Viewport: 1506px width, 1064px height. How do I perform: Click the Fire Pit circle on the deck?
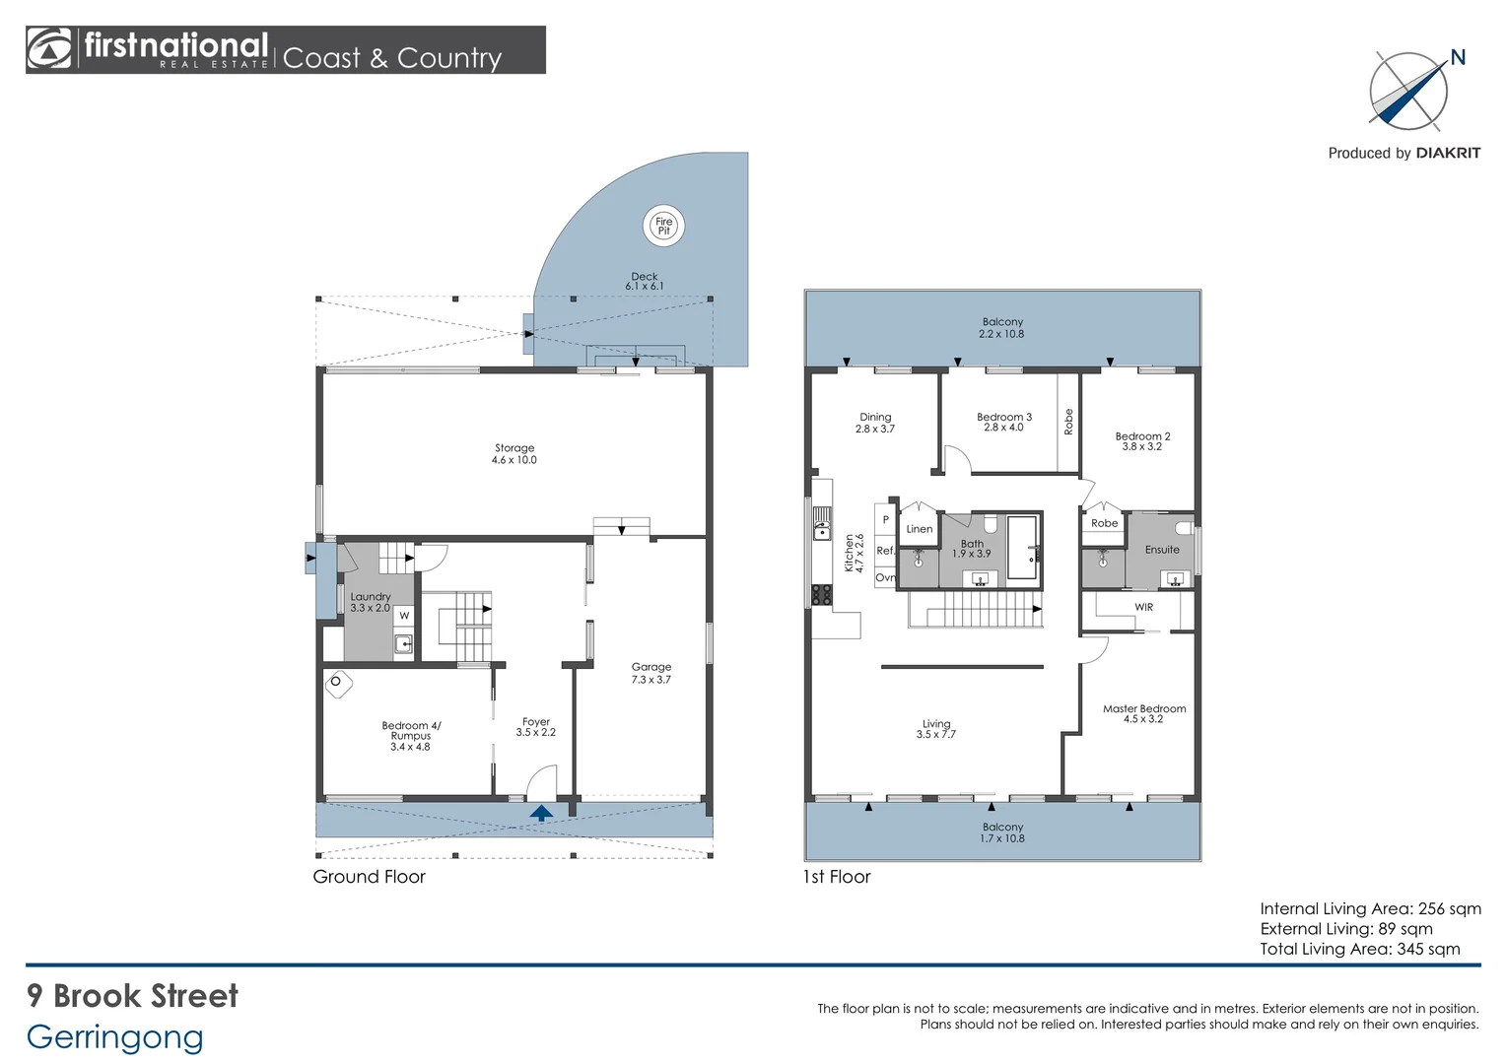663,226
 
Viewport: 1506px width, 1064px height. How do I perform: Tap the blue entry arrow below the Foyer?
541,813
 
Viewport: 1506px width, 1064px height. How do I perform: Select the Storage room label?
514,453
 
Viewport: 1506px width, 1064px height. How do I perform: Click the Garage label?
650,673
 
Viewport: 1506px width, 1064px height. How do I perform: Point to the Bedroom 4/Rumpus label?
411,736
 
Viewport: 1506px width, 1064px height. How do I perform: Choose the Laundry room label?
371,602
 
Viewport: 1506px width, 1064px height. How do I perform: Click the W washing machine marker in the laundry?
404,616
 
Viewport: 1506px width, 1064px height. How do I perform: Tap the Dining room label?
875,423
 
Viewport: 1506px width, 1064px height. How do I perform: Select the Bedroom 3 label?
1003,422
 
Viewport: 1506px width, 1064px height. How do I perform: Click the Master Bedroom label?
1143,713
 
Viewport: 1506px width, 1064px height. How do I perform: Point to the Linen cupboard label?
919,529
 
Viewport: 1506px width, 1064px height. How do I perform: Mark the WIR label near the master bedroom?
1143,607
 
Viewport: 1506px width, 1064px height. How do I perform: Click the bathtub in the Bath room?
1021,548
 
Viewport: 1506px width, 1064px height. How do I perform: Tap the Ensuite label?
1162,550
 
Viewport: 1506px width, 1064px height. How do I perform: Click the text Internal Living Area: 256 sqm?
1370,908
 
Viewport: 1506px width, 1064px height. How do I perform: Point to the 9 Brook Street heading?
132,996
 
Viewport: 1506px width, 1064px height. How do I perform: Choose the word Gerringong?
115,1036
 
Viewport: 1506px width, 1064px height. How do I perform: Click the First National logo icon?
49,49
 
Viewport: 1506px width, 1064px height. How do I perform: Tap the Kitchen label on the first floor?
854,553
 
